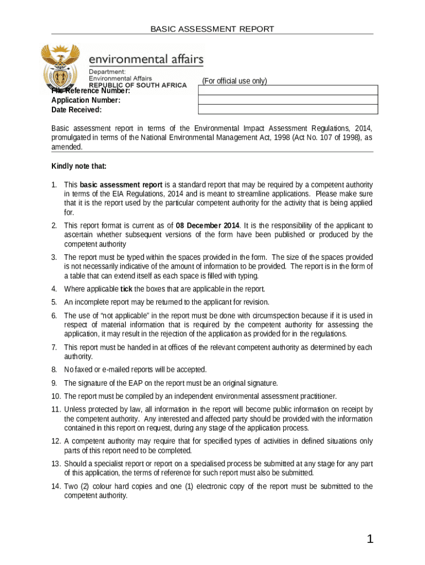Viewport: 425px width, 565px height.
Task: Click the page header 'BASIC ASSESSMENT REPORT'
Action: tap(212, 29)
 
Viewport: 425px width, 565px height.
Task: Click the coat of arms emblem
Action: tap(61, 68)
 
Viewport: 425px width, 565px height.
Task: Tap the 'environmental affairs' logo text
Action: tap(146, 58)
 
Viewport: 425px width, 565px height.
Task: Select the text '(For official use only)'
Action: tap(234, 81)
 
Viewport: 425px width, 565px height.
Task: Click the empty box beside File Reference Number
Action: tap(288, 90)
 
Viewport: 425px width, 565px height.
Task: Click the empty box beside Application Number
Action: tap(288, 100)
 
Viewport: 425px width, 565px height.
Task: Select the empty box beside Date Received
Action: tap(288, 110)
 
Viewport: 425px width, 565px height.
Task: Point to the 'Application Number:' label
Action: tap(86, 100)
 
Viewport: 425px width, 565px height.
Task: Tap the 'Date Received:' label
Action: tap(76, 110)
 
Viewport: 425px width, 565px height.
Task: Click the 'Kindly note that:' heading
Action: tap(79, 166)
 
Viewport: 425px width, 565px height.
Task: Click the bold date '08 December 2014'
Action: tap(208, 226)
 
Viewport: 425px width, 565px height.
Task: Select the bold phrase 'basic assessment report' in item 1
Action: tap(121, 184)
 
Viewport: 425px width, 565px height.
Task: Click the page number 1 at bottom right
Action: tap(370, 540)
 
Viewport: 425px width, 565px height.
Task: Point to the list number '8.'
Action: tap(55, 369)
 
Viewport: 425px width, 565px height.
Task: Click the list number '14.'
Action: tap(56, 486)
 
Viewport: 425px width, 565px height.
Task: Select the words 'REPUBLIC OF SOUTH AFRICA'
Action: tap(138, 86)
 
